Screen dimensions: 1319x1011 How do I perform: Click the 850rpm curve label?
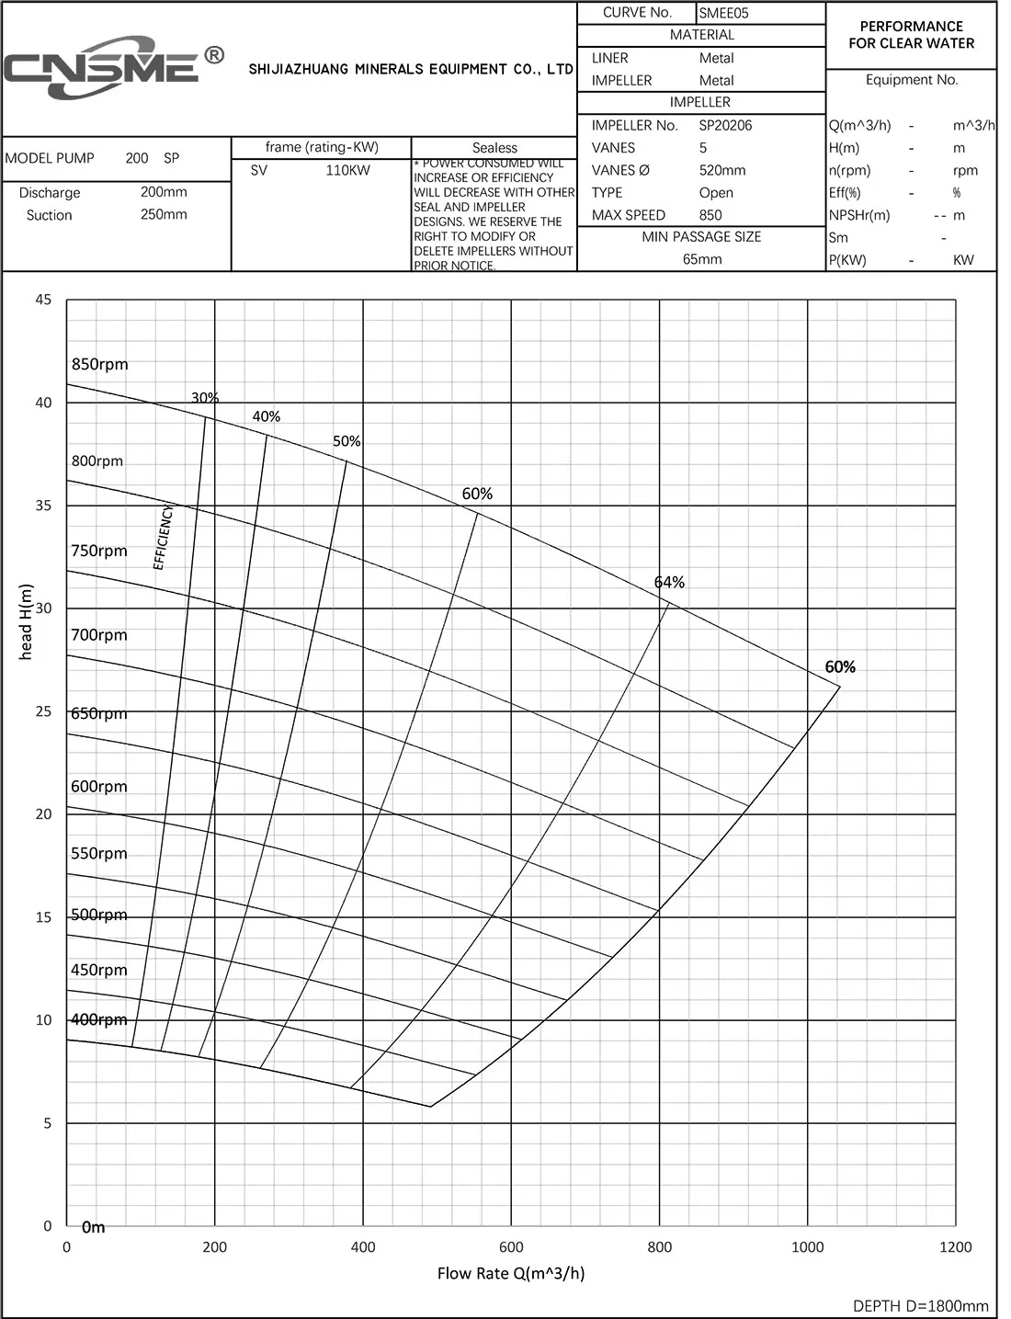pyautogui.click(x=100, y=364)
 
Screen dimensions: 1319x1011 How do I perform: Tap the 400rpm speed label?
pyautogui.click(x=99, y=1019)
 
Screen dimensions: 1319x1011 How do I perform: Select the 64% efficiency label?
pyautogui.click(x=669, y=582)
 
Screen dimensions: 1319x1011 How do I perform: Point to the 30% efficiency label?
pyautogui.click(x=205, y=398)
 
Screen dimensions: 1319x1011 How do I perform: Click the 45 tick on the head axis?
pyautogui.click(x=44, y=300)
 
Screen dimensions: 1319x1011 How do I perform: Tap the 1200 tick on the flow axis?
pyautogui.click(x=956, y=1247)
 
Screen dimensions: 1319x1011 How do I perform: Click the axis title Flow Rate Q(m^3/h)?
pyautogui.click(x=511, y=1273)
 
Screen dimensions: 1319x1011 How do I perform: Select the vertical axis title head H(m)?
pyautogui.click(x=26, y=621)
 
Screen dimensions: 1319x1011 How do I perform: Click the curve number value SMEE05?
pyautogui.click(x=724, y=13)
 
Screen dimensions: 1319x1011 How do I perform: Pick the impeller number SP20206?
pyautogui.click(x=725, y=125)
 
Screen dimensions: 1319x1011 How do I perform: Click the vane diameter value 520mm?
pyautogui.click(x=722, y=170)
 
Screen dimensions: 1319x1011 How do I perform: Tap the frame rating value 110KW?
pyautogui.click(x=347, y=170)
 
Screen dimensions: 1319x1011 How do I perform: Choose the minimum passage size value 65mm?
pyautogui.click(x=702, y=259)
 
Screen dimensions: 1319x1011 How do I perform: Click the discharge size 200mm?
pyautogui.click(x=164, y=192)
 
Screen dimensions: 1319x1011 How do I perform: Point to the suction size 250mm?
pyautogui.click(x=164, y=214)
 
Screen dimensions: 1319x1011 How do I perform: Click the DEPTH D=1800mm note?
pyautogui.click(x=921, y=1305)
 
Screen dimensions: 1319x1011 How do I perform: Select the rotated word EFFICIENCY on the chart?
pyautogui.click(x=163, y=537)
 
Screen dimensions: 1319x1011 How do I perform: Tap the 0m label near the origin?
pyautogui.click(x=93, y=1227)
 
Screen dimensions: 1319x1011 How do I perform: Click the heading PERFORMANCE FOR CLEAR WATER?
pyautogui.click(x=911, y=35)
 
